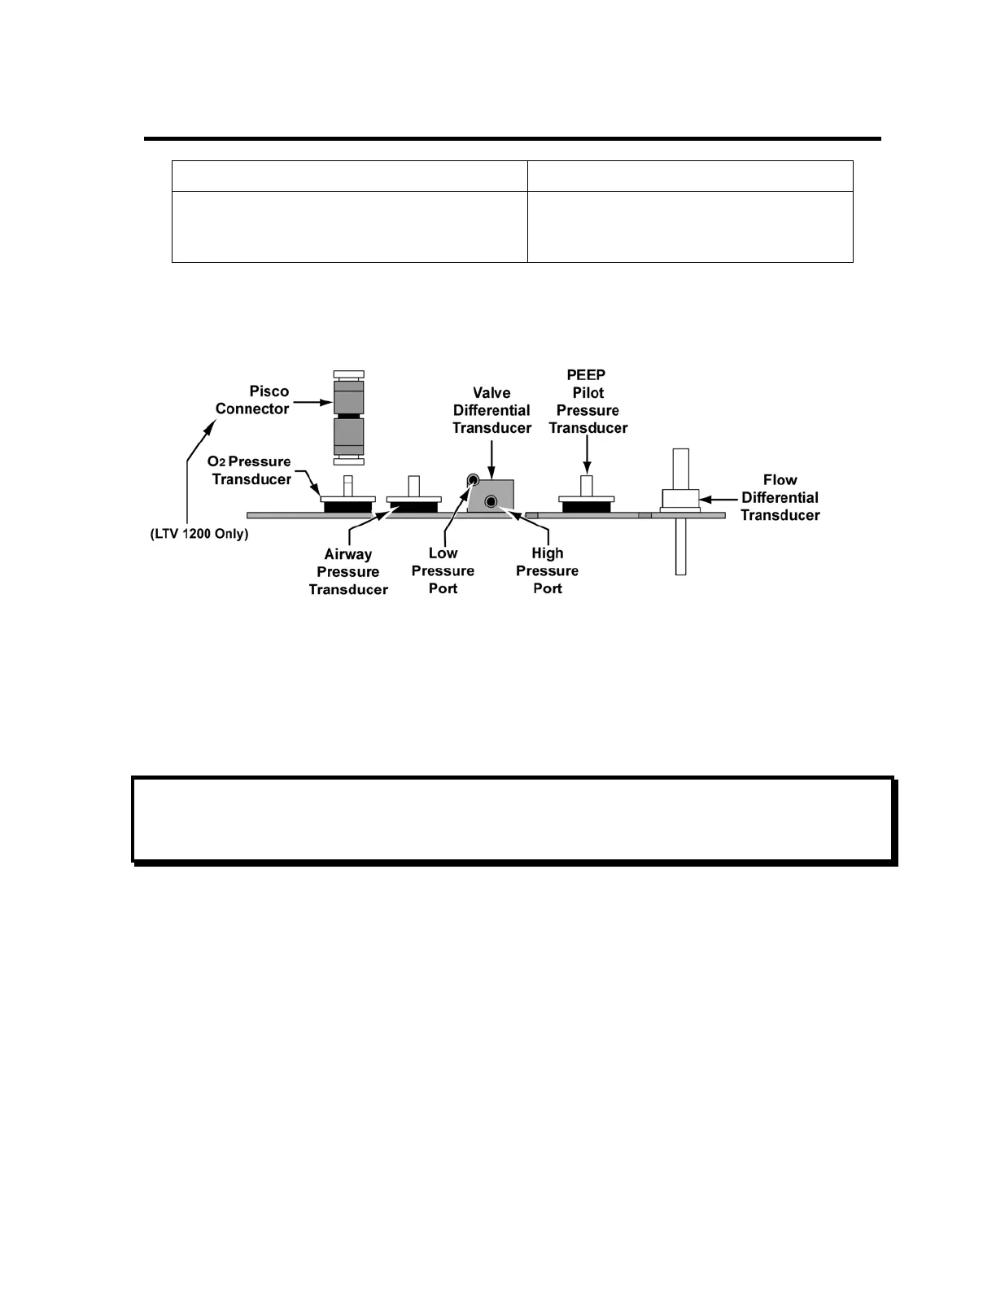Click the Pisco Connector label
coord(252,400)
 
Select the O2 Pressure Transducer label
coord(251,470)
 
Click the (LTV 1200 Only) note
coord(199,535)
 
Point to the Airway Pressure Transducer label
coord(348,572)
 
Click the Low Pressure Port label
coord(443,570)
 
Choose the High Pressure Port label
coord(547,570)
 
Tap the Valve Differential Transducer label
coord(491,410)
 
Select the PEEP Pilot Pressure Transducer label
coord(588,401)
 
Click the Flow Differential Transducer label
coord(780,497)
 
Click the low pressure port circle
coord(472,481)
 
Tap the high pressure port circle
coord(491,502)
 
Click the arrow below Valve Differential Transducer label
coord(491,457)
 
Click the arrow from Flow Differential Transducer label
coord(719,498)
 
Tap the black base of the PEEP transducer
coord(586,507)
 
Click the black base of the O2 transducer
coord(347,507)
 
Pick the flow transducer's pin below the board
coord(680,546)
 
